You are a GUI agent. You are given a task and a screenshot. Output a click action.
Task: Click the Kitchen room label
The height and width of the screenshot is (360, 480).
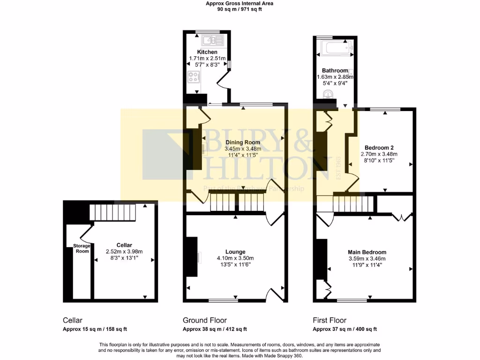point(207,52)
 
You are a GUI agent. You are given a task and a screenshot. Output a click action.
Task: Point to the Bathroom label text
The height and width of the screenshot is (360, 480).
point(335,70)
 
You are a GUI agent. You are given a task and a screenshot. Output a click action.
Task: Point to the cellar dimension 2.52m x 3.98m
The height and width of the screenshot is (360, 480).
point(124,251)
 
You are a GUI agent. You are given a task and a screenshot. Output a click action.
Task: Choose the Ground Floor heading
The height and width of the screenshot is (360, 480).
point(201,320)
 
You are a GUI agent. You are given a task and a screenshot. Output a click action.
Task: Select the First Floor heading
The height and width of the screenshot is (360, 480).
point(330,320)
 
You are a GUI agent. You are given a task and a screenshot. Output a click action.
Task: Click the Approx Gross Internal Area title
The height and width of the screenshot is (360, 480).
point(240,3)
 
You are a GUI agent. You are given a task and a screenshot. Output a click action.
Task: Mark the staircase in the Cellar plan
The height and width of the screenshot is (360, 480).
point(112,213)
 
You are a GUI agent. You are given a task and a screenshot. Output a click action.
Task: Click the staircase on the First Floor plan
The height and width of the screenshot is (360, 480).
point(353,204)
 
